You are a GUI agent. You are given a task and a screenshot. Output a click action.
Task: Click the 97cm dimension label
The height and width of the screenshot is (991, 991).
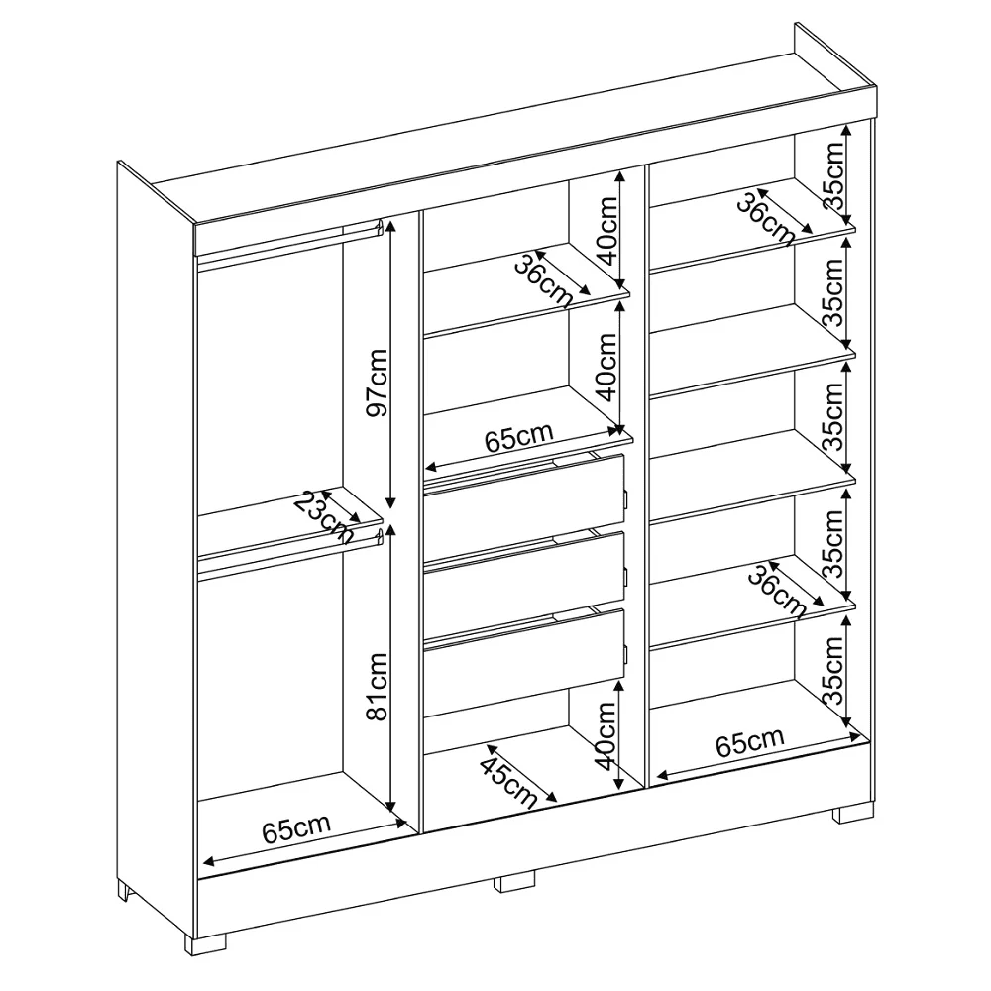378,382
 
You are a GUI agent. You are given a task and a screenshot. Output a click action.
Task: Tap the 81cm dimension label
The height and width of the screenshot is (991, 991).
378,687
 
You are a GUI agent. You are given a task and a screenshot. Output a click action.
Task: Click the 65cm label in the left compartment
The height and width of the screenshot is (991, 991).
296,828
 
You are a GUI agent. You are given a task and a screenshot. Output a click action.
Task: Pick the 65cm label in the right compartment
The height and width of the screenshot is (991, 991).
749,741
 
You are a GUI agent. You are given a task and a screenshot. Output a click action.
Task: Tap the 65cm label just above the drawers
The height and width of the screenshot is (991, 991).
519,437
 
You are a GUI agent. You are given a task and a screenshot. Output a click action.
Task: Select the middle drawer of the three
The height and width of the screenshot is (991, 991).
524,577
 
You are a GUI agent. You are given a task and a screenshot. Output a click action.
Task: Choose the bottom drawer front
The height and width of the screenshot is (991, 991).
524,654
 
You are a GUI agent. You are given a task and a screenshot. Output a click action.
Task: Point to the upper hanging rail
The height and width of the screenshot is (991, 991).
288,244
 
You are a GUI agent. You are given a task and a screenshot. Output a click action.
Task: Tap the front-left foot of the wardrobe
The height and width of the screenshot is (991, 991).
205,943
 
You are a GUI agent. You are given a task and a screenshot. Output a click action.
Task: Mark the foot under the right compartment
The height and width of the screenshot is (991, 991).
853,813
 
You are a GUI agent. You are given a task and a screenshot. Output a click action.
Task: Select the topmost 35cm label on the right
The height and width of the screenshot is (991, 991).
833,175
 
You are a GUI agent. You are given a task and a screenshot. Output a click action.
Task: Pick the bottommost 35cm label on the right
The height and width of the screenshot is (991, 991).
833,671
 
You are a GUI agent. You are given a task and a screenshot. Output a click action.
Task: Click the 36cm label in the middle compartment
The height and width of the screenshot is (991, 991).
543,278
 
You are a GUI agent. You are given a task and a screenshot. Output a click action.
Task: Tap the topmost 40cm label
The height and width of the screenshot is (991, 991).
606,230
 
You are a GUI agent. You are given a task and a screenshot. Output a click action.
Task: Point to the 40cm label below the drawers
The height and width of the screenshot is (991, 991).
606,735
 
